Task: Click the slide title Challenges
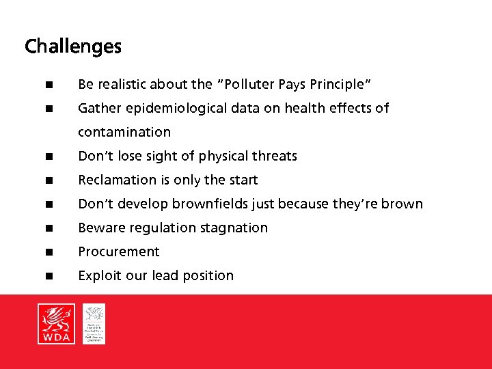tap(73, 46)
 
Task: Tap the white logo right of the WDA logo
tap(94, 323)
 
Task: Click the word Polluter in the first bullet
tap(249, 84)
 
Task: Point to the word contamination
tap(124, 132)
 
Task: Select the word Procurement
tap(119, 251)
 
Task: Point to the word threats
tap(275, 156)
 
